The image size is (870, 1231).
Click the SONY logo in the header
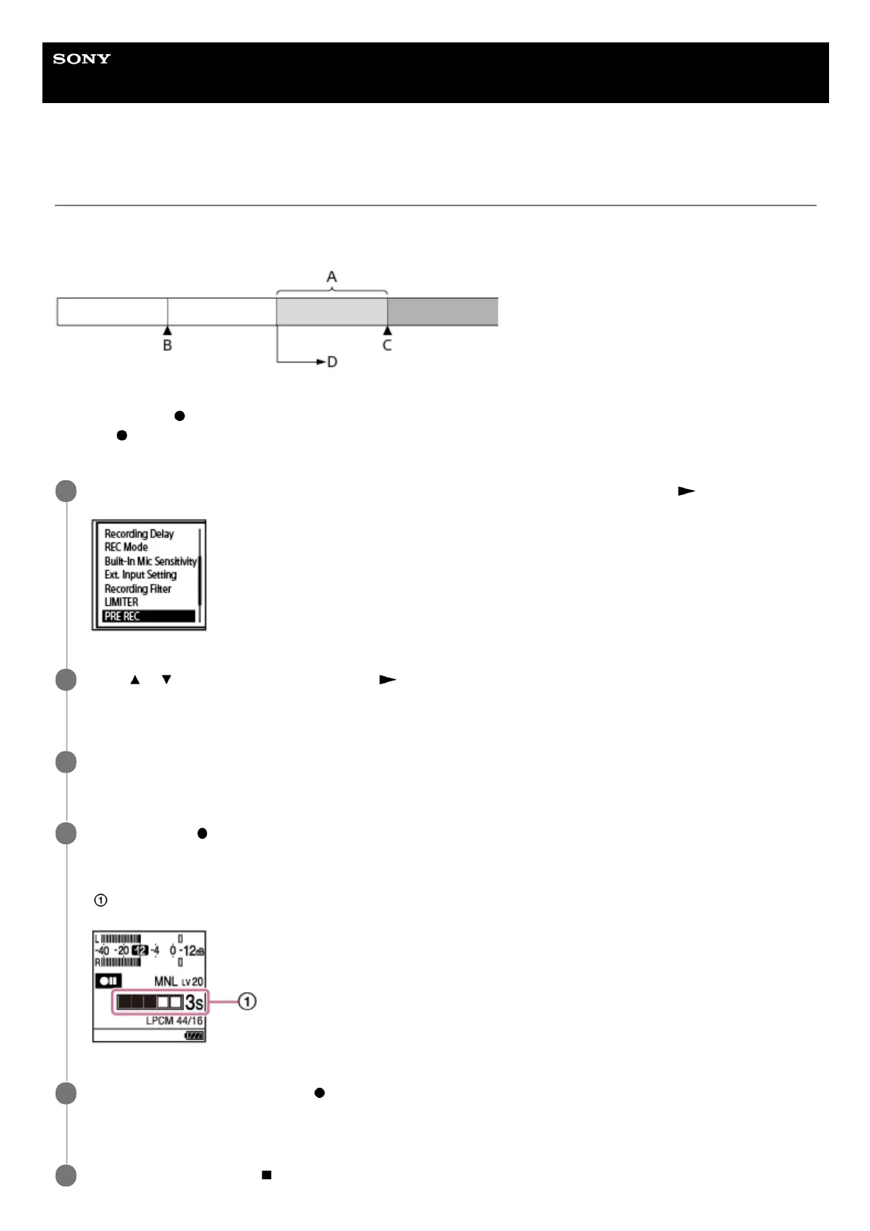(x=82, y=58)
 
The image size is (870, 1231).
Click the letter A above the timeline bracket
(x=331, y=277)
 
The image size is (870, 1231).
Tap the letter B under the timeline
(x=167, y=345)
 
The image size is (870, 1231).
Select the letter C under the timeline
(x=387, y=345)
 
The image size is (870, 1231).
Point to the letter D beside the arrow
(x=333, y=362)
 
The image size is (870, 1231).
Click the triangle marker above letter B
(x=167, y=330)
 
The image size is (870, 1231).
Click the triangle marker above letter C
(x=387, y=330)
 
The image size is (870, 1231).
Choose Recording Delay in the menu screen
(x=139, y=534)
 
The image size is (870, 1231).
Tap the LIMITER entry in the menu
(x=121, y=602)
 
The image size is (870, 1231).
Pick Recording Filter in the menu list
(x=137, y=588)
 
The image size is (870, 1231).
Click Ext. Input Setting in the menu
(x=140, y=575)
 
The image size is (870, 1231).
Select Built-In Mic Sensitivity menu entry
(x=151, y=561)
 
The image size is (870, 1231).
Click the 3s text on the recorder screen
(x=194, y=1002)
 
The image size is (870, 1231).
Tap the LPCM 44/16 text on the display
(x=174, y=1020)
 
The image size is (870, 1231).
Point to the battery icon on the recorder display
(x=194, y=1035)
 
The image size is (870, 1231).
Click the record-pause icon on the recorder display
(x=108, y=981)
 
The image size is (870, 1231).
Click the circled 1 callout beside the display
(x=248, y=1001)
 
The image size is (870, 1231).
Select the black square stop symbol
(x=267, y=1175)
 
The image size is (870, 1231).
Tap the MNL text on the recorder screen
(x=166, y=981)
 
